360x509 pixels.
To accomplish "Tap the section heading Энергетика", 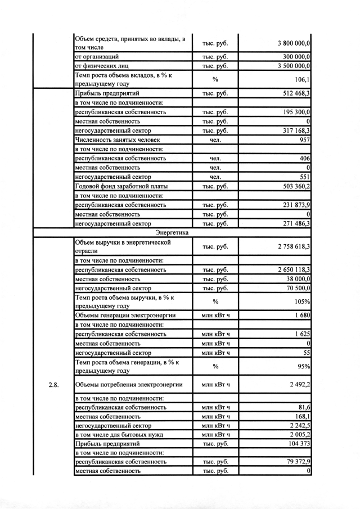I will click(172, 232).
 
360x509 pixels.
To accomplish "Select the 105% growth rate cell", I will click(303, 301).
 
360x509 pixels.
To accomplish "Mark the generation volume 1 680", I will click(302, 315).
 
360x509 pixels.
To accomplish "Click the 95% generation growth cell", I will click(304, 366).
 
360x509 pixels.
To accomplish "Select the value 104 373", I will click(299, 443).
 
